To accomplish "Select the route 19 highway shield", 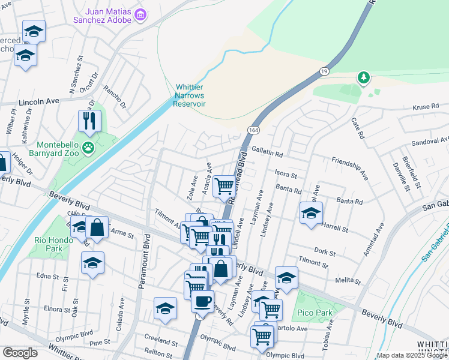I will pos(324,71).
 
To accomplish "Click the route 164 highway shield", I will pos(253,130).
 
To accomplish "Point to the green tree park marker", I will pos(363,77).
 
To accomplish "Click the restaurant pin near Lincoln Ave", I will pos(89,120).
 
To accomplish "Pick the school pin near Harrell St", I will pos(311,214).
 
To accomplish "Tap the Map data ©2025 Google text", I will pos(411,355).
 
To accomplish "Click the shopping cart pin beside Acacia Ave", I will pos(224,186).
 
